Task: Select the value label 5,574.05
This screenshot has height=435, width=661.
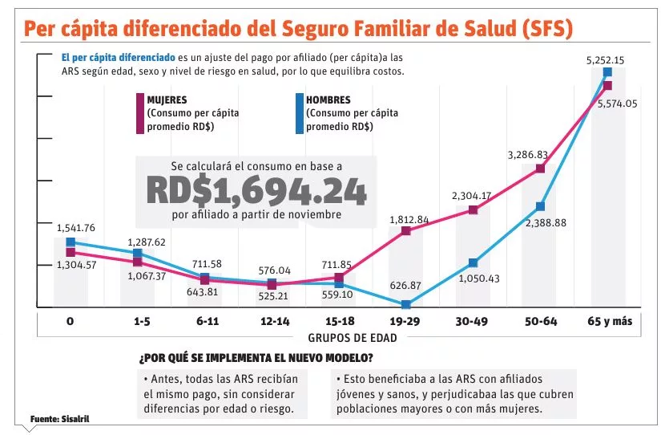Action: tap(618, 103)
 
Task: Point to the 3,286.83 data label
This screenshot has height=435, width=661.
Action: tap(527, 155)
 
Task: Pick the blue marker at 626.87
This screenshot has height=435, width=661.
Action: tap(405, 305)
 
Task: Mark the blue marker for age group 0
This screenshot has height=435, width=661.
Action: tap(71, 242)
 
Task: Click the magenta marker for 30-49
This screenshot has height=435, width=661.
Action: tap(473, 210)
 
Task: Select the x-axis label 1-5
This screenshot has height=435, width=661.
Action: tap(141, 321)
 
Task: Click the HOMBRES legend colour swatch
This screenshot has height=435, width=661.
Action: tap(299, 113)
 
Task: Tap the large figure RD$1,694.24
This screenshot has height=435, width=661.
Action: tap(256, 191)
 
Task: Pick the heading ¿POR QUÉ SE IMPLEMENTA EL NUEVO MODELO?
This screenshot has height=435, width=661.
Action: tap(256, 357)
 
